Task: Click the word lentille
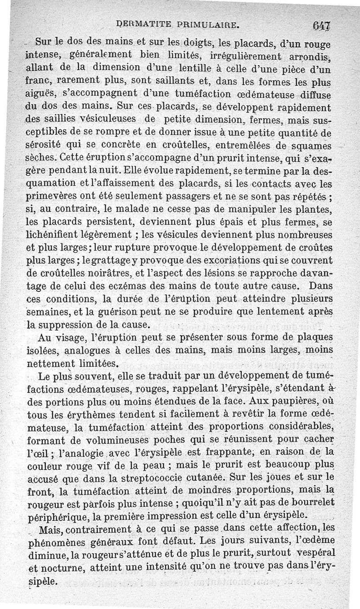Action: [219, 70]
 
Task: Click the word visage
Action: [73, 337]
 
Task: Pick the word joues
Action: [283, 475]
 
